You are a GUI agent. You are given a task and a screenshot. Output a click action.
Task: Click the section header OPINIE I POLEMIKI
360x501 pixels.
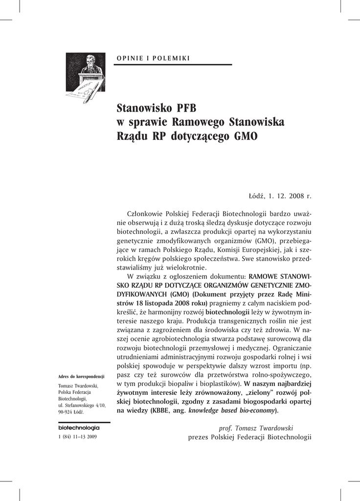click(x=153, y=58)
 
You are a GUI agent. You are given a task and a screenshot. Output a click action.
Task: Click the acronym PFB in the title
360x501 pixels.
click(x=182, y=107)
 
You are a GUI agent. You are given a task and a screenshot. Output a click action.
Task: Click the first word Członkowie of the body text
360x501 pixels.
click(x=145, y=214)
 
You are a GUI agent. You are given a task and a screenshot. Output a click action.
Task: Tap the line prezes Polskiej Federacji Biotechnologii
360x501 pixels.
click(x=249, y=437)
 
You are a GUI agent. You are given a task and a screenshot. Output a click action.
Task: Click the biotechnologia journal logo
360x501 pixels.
click(x=79, y=427)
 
